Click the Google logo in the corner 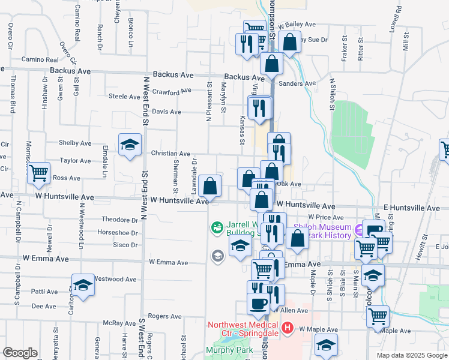(x=19, y=353)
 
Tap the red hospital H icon (x=287, y=328)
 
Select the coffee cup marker (x=259, y=304)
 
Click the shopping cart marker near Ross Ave (x=39, y=173)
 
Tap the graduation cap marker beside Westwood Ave (x=83, y=284)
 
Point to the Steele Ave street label (x=124, y=96)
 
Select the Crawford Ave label (x=171, y=92)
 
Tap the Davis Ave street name (x=166, y=112)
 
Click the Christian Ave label (x=170, y=154)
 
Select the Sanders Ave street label (x=297, y=84)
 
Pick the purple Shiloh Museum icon (x=360, y=229)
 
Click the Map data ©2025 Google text (x=412, y=355)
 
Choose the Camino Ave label (x=40, y=59)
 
